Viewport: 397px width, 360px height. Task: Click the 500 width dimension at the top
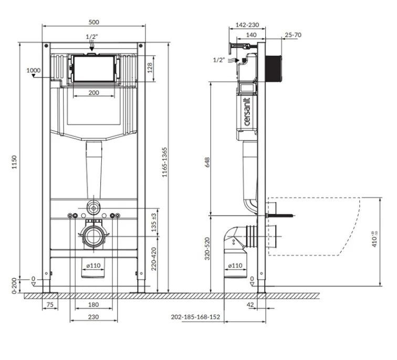[93, 22]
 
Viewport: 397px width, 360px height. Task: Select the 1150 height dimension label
[14, 162]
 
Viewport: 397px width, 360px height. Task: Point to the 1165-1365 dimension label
[165, 162]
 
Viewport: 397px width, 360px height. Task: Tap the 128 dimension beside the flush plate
[150, 68]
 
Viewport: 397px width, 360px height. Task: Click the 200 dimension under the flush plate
[93, 93]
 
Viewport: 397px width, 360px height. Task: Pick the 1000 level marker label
[34, 70]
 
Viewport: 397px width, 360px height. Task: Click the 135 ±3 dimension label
[154, 223]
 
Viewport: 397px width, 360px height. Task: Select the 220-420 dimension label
[154, 259]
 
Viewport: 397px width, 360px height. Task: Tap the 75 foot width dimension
[50, 304]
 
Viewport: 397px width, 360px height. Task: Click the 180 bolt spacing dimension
[93, 304]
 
